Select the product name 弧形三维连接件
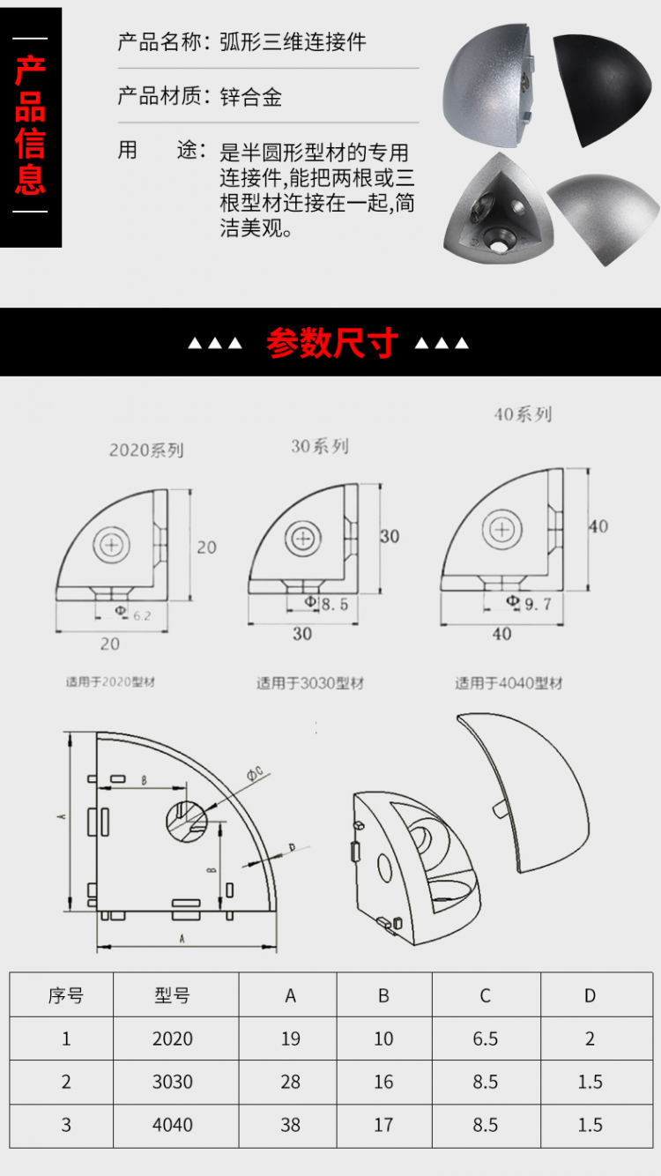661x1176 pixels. click(x=293, y=42)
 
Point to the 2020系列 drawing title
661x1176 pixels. click(x=146, y=450)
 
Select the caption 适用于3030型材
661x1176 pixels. click(x=309, y=683)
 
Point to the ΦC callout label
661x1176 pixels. click(x=255, y=773)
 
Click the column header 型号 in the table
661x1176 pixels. click(x=172, y=996)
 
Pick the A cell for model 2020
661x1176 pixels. click(x=291, y=1038)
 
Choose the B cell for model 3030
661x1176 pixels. click(x=383, y=1082)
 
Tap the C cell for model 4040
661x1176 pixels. click(x=485, y=1125)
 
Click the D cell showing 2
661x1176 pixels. click(x=590, y=1038)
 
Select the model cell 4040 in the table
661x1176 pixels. click(x=172, y=1125)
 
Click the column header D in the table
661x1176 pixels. click(x=590, y=996)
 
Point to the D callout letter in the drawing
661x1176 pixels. click(x=292, y=848)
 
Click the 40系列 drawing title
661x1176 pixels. click(x=523, y=413)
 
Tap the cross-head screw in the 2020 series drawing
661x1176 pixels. click(x=113, y=546)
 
